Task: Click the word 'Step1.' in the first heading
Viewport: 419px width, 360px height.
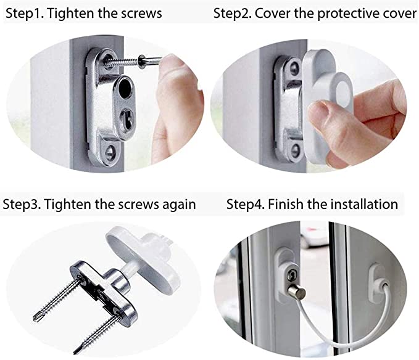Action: [24, 14]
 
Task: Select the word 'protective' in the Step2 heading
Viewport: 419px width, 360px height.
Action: [348, 14]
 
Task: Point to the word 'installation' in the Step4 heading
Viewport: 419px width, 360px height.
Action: [364, 204]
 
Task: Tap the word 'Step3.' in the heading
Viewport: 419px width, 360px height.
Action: [22, 205]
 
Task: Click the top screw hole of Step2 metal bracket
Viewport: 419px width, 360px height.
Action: [294, 68]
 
